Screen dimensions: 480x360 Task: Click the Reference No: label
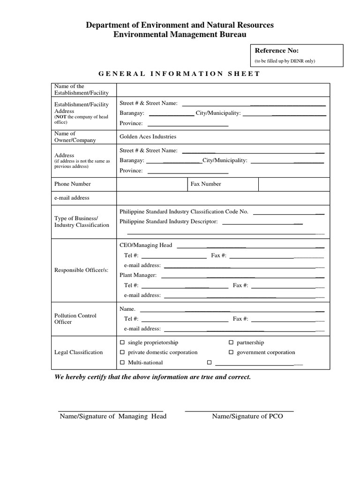[x=277, y=51]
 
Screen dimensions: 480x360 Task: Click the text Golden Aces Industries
[x=148, y=136]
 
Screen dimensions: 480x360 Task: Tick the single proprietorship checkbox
[x=123, y=343]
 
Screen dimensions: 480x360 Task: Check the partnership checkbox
[x=231, y=343]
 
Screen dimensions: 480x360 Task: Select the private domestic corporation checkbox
[x=123, y=352]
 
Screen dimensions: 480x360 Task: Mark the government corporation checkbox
[x=231, y=352]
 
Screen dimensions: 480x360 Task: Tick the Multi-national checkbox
[x=123, y=363]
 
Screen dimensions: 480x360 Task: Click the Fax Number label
[x=206, y=184]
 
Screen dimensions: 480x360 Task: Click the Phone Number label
[x=73, y=184]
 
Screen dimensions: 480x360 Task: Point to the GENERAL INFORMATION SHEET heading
[x=179, y=74]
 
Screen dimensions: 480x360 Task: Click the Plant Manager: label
[x=138, y=275]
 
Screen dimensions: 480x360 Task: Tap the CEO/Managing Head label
[x=146, y=245]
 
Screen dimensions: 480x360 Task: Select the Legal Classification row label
[x=78, y=352]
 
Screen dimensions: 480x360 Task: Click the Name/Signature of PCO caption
[x=247, y=416]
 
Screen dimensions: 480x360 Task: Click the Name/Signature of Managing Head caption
[x=113, y=416]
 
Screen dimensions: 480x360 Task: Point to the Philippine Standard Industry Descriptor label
[x=169, y=221]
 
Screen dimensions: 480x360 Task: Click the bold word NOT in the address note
[x=61, y=117]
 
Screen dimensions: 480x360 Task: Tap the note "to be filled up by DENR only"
[x=285, y=61]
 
